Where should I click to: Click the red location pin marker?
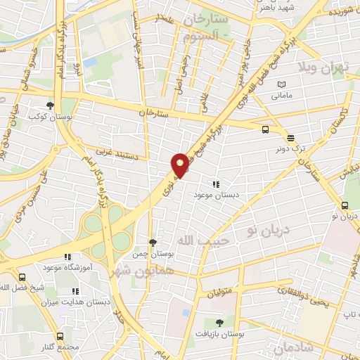[x=180, y=165]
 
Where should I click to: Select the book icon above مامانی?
[x=282, y=83]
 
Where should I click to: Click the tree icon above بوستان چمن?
[x=153, y=242]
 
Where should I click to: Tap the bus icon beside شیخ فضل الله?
[x=22, y=277]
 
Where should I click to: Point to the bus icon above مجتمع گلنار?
[x=60, y=337]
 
